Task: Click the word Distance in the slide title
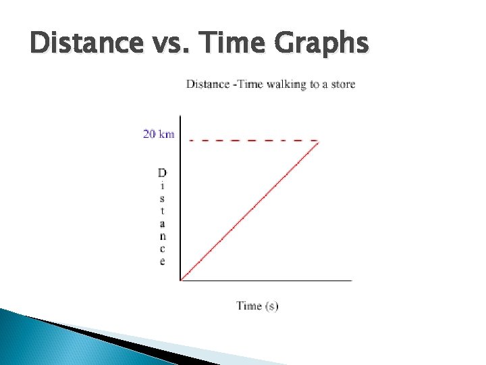[83, 43]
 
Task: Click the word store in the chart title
[342, 84]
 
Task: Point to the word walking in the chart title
[287, 84]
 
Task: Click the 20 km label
[158, 134]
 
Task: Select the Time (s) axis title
[257, 306]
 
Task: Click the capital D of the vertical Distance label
[162, 172]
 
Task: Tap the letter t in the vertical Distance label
[162, 210]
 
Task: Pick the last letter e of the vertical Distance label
[162, 261]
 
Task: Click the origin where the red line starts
[181, 279]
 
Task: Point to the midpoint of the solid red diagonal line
[250, 210]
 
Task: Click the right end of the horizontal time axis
[352, 280]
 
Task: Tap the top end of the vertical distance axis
[181, 116]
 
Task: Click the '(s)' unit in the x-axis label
[271, 306]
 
